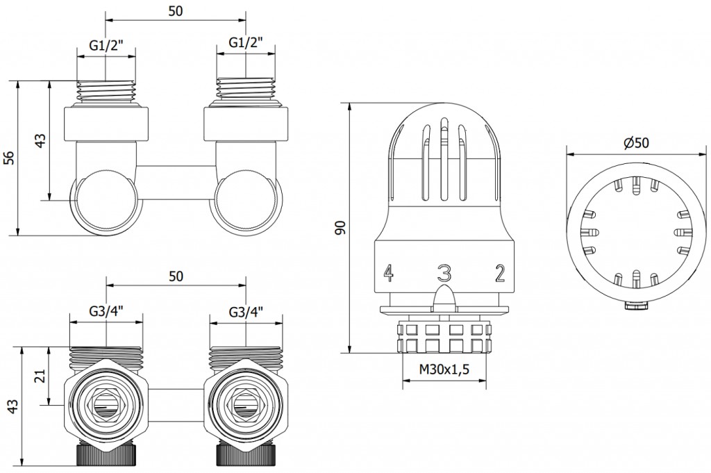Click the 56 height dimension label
[x=9, y=158]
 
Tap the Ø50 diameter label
[x=636, y=142]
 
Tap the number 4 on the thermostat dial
[x=388, y=274]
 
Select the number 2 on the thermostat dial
[x=499, y=274]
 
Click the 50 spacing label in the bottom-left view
[x=176, y=276]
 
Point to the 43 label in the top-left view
[x=40, y=140]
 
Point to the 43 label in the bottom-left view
[x=9, y=406]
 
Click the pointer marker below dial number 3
[x=444, y=297]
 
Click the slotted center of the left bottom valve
[x=106, y=406]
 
